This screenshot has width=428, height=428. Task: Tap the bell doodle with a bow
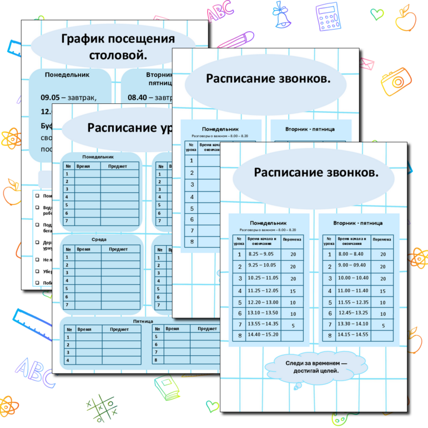pyautogui.click(x=283, y=16)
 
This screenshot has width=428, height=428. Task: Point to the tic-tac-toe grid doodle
pyautogui.click(x=102, y=409)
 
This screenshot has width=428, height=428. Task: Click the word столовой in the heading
pyautogui.click(x=118, y=55)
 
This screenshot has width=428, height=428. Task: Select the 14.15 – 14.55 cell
pyautogui.click(x=353, y=334)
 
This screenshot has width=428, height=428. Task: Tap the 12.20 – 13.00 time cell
pyautogui.click(x=263, y=302)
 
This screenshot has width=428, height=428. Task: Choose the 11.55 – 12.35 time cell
pyautogui.click(x=353, y=302)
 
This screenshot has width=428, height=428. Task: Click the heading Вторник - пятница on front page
pyautogui.click(x=357, y=223)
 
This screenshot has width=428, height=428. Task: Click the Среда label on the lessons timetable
pyautogui.click(x=99, y=239)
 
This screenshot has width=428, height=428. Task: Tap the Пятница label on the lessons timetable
pyautogui.click(x=143, y=321)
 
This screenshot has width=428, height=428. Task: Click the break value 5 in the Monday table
pyautogui.click(x=293, y=326)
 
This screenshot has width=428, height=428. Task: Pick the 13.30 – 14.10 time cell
pyautogui.click(x=353, y=324)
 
